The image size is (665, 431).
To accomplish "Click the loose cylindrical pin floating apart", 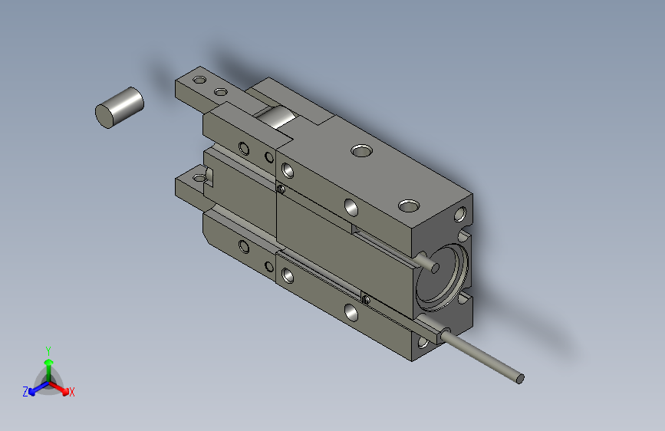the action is pyautogui.click(x=119, y=107).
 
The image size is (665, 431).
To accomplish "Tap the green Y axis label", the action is pyautogui.click(x=48, y=350).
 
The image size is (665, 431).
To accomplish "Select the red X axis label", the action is pyautogui.click(x=71, y=393).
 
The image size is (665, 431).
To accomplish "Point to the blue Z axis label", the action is pyautogui.click(x=25, y=392).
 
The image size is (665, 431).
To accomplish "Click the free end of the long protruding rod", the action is pyautogui.click(x=520, y=378).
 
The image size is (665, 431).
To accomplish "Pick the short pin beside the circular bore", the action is pyautogui.click(x=429, y=262).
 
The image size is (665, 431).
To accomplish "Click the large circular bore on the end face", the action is pyautogui.click(x=442, y=277).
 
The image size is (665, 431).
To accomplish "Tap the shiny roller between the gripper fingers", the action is pyautogui.click(x=275, y=117).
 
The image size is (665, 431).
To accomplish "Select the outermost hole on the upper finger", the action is pyautogui.click(x=199, y=79).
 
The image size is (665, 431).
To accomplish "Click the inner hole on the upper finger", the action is pyautogui.click(x=221, y=91).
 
